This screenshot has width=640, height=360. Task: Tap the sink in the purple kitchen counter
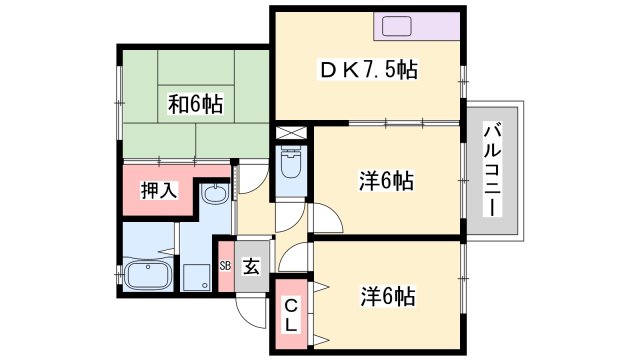coord(393,26)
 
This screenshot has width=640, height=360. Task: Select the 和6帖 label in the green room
coord(195,102)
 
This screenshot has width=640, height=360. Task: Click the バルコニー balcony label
coord(492,169)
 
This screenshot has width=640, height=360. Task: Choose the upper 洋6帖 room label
coord(386,182)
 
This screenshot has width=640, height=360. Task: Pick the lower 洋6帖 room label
coord(386,296)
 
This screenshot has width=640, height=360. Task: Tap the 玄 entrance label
coord(252,266)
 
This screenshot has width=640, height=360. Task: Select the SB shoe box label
coord(225,266)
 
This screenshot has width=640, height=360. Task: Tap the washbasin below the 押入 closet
coord(213,197)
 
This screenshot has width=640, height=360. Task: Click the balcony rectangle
coord(493,169)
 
